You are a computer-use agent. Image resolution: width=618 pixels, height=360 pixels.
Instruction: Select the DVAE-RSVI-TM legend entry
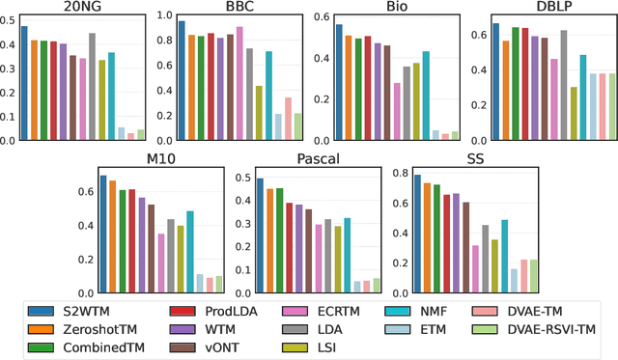tap(541, 328)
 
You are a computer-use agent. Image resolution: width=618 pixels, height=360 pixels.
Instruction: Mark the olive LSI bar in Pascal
tap(338, 260)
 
